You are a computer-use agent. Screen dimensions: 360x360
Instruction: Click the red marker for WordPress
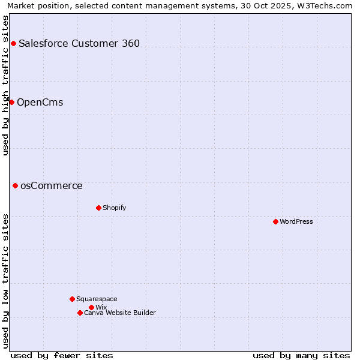[275, 221]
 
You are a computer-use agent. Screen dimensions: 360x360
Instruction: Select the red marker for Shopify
[98, 208]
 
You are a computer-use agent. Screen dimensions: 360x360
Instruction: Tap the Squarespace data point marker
[72, 299]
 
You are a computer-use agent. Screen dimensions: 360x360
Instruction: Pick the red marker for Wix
[91, 307]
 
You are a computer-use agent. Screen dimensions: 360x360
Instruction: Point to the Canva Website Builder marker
[80, 313]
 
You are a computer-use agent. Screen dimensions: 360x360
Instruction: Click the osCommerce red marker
[15, 185]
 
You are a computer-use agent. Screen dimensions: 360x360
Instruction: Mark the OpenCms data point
[11, 102]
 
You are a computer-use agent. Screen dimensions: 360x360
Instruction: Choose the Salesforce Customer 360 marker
[13, 43]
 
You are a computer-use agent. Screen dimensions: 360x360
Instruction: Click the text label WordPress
[296, 221]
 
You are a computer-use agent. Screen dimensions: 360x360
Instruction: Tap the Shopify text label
[114, 208]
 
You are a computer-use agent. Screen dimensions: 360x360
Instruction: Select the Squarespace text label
[97, 299]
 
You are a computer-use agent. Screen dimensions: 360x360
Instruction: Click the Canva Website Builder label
[120, 313]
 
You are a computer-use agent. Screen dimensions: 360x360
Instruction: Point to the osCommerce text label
[52, 185]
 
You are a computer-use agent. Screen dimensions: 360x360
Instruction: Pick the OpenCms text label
[40, 102]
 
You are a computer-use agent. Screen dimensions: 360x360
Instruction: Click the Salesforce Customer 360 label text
[79, 43]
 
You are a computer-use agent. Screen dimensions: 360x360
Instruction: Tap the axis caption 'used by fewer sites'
[62, 355]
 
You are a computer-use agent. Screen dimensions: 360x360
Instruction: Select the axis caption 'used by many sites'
[301, 355]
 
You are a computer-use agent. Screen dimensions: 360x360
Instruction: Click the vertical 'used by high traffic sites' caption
[6, 85]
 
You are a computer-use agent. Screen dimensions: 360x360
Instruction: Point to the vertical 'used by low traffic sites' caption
[6, 280]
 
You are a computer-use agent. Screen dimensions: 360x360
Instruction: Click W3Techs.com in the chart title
[325, 5]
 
